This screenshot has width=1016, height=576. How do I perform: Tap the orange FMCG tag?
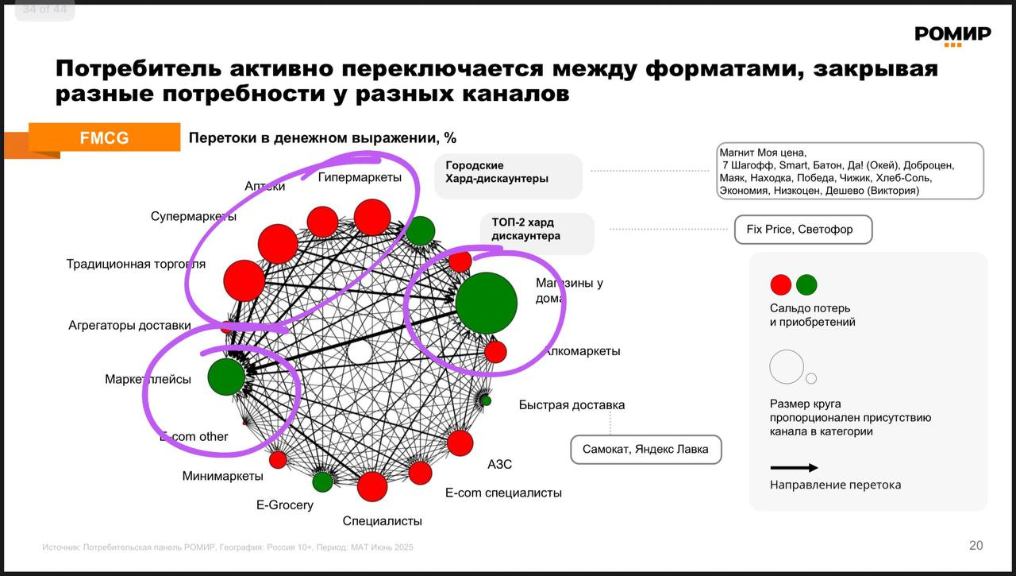tap(104, 137)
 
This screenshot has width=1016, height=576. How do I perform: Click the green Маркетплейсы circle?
tap(226, 377)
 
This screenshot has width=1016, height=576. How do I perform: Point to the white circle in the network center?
tap(360, 352)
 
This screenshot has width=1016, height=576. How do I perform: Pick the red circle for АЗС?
tap(460, 443)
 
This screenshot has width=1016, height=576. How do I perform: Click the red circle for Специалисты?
tap(372, 486)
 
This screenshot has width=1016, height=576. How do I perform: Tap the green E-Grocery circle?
tap(322, 481)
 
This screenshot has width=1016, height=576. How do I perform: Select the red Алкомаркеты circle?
tap(495, 351)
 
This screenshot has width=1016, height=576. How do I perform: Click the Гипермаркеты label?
tap(360, 177)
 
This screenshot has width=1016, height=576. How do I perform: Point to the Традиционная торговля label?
tap(136, 264)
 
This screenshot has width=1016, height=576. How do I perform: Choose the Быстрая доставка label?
tap(571, 405)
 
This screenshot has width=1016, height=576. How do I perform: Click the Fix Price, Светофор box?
tap(803, 230)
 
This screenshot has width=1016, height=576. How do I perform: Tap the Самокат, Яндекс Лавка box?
tap(645, 450)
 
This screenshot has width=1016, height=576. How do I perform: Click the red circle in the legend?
tap(781, 284)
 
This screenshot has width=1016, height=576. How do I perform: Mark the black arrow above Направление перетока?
tap(794, 468)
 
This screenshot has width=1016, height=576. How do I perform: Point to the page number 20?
tap(976, 545)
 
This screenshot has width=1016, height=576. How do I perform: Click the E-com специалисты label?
tap(503, 493)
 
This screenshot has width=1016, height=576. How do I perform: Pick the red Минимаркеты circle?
tap(278, 459)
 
